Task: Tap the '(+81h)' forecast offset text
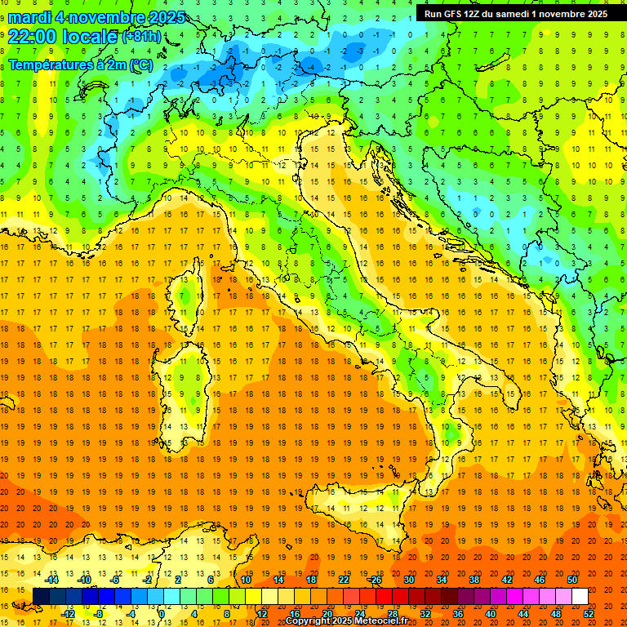147,37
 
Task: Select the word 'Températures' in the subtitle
49,64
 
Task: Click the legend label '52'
589,613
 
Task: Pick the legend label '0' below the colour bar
162,613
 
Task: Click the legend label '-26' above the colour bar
375,580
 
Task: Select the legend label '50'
572,580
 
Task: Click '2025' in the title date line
162,17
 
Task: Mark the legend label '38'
474,580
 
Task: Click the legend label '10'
245,580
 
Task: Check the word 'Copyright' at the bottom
309,621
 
